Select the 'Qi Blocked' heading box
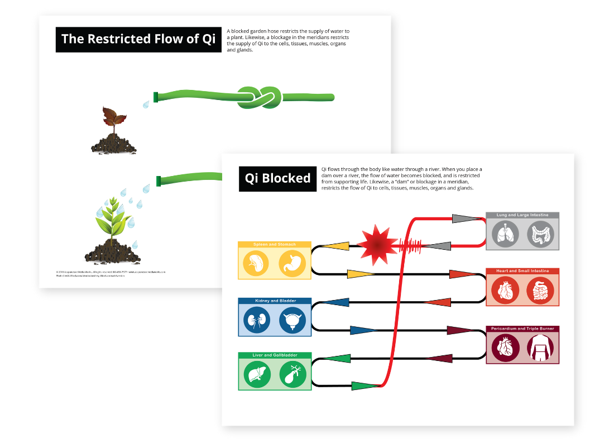(x=277, y=178)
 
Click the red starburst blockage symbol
(x=377, y=245)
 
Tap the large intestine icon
(x=540, y=234)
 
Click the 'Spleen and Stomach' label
(x=274, y=245)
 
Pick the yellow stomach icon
(x=291, y=263)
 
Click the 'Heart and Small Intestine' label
(x=522, y=271)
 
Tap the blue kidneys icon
(x=256, y=321)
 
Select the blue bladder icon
(x=292, y=321)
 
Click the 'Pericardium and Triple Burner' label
(x=522, y=329)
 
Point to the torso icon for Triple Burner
(x=540, y=348)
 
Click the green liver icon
(x=257, y=375)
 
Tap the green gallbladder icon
(x=292, y=375)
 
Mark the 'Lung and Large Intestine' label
(x=522, y=215)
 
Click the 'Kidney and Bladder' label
(x=275, y=301)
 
